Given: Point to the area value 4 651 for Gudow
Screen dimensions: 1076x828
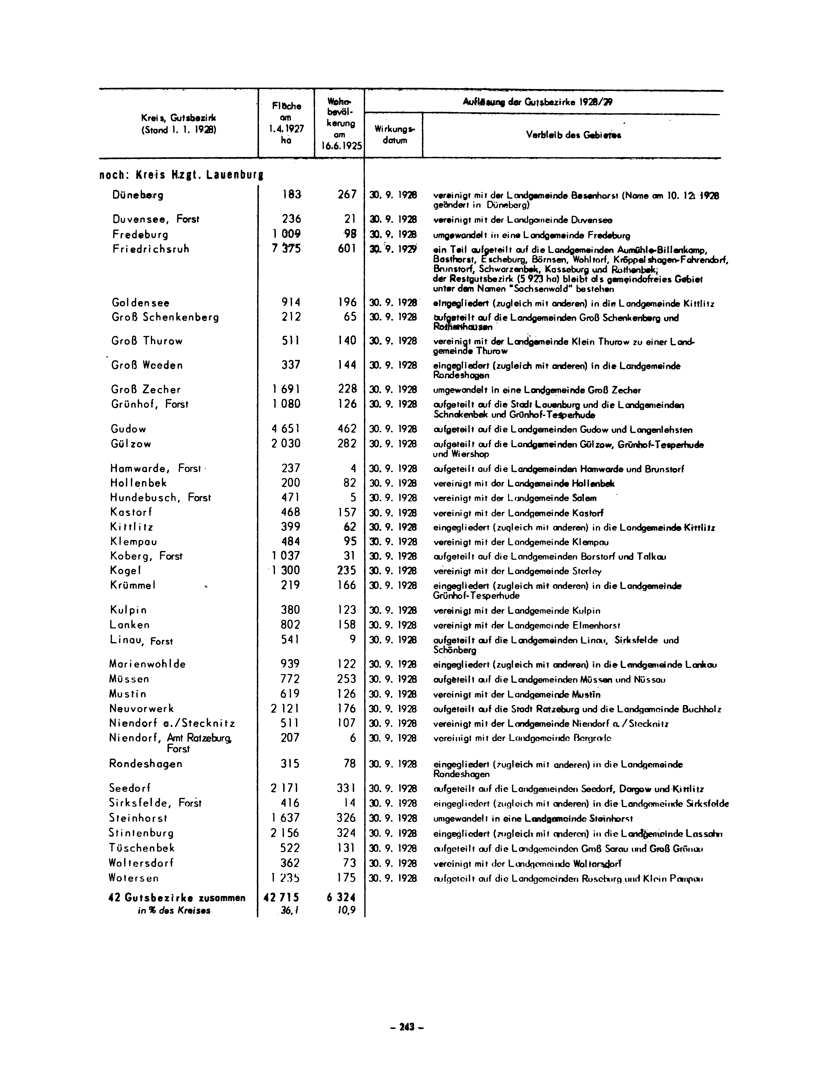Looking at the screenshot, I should [x=286, y=429].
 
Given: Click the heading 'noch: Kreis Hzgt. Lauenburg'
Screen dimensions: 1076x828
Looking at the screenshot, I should [x=181, y=175].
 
